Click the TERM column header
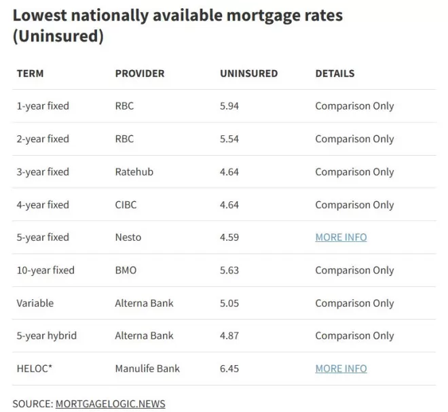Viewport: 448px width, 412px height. pos(30,73)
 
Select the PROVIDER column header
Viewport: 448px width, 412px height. pos(140,73)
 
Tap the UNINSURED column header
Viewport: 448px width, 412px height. pos(248,73)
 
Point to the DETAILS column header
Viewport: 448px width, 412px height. pos(335,73)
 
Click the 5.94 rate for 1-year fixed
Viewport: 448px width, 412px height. pos(229,106)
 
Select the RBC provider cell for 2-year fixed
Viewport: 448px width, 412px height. pos(124,139)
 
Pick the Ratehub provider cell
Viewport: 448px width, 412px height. pos(134,171)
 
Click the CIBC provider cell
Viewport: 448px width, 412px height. pos(126,205)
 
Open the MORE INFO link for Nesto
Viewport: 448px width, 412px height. pos(341,237)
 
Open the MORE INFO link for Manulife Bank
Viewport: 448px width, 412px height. pos(341,368)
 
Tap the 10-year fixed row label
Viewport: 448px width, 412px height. pos(45,271)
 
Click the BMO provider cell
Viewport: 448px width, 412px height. pos(126,270)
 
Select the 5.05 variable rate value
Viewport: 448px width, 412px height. pos(229,303)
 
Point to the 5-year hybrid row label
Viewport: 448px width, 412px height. pos(47,336)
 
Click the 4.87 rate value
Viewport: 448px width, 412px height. pos(229,336)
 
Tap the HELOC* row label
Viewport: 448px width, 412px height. pos(35,368)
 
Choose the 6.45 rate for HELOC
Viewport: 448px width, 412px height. pos(229,368)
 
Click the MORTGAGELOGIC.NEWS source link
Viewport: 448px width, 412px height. pos(110,404)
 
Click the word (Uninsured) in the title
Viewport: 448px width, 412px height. pos(58,36)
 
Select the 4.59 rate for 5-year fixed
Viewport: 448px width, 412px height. pos(229,237)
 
